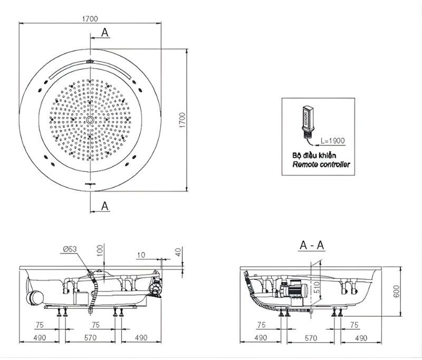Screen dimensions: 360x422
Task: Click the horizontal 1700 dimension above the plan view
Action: tap(90, 18)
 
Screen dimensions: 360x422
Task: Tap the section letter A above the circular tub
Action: tap(105, 33)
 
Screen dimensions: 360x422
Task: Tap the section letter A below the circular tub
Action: tap(105, 206)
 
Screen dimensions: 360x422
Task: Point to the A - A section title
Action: tap(312, 245)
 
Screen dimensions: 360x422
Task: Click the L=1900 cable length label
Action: tap(333, 141)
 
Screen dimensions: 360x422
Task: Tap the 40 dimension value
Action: tap(178, 251)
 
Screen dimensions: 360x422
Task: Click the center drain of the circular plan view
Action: tap(91, 121)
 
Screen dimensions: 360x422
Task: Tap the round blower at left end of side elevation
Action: tap(35, 297)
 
